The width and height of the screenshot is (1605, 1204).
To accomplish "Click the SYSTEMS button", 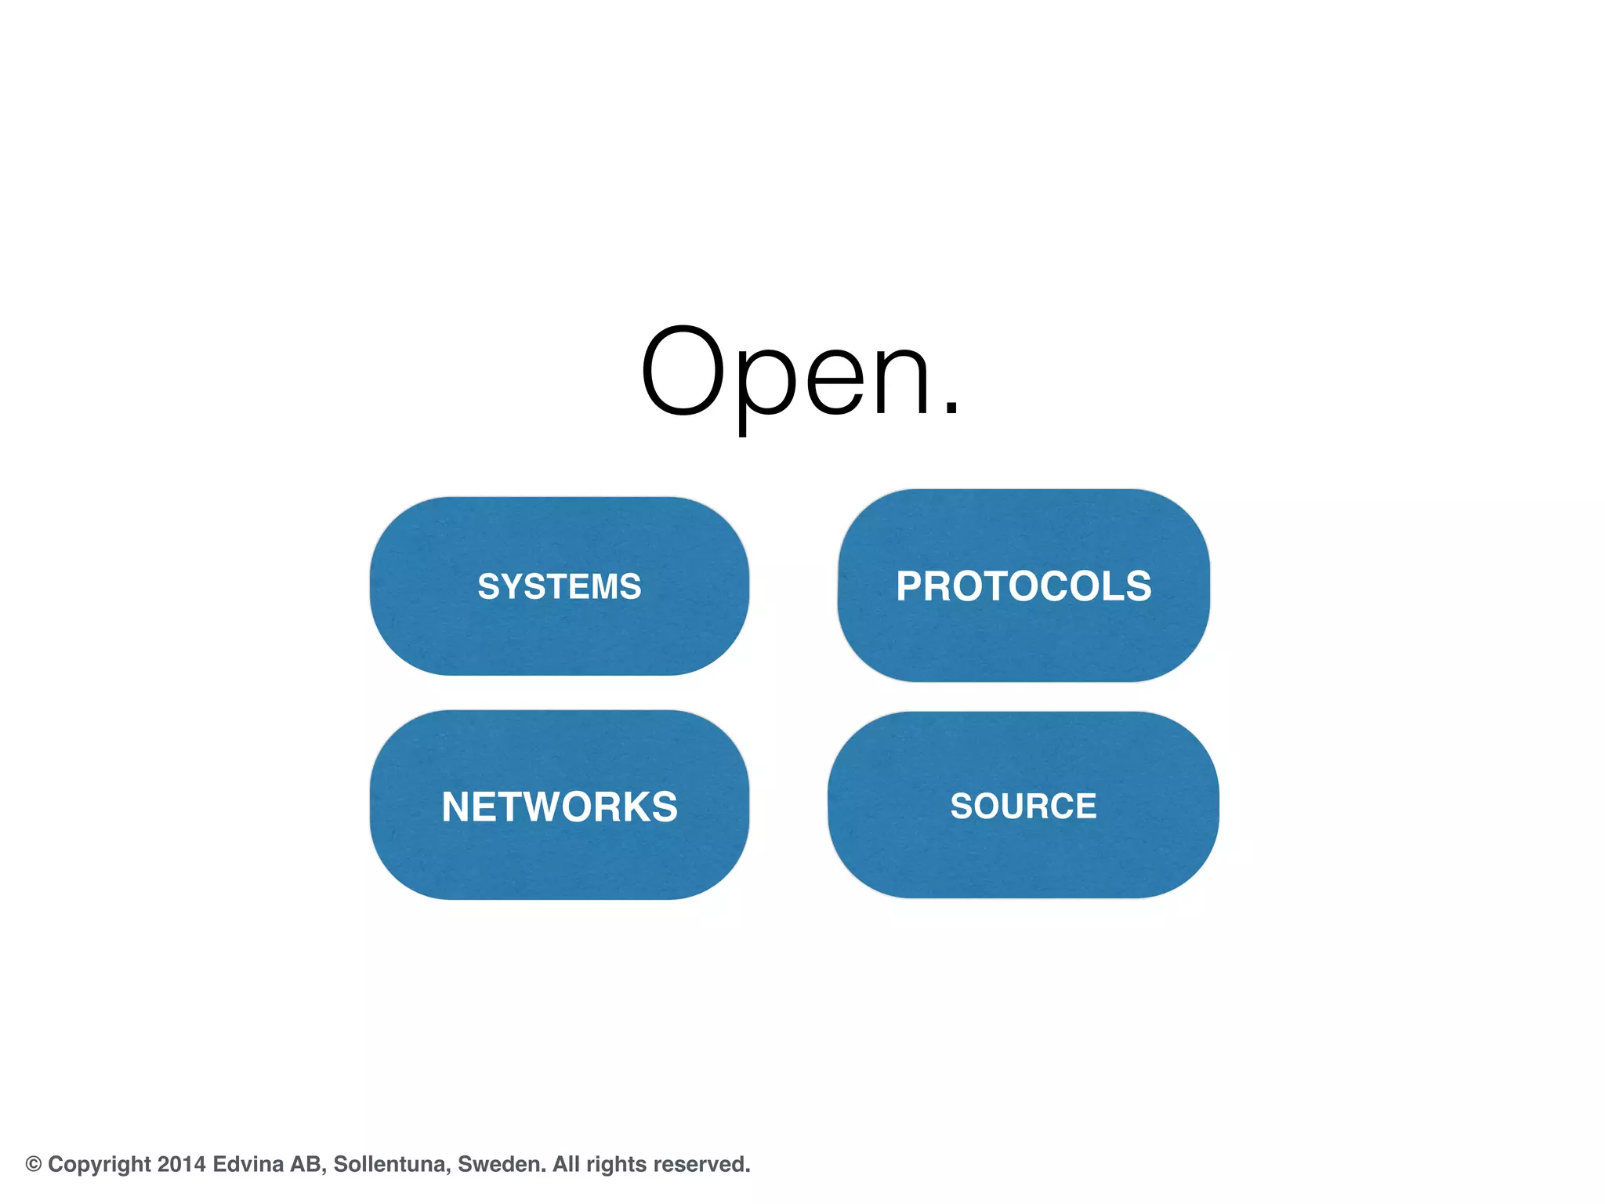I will click(x=559, y=586).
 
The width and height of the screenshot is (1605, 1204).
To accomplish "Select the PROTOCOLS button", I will click(x=1024, y=586).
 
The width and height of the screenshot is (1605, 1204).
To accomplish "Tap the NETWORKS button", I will click(x=559, y=806).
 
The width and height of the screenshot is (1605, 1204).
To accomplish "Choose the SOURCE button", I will click(x=1024, y=806).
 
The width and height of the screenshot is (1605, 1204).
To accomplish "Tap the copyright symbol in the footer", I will click(x=34, y=1164).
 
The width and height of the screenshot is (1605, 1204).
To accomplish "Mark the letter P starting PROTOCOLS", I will click(x=911, y=586).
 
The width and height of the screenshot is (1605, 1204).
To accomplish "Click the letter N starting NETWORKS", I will click(x=457, y=807).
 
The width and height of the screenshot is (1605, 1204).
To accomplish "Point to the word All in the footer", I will click(x=566, y=1164).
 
